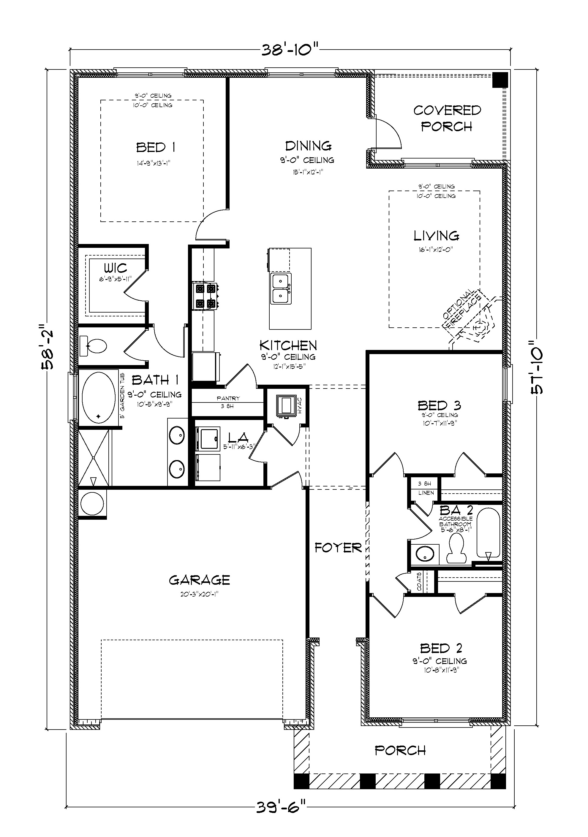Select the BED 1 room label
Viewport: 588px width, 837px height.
[x=156, y=148]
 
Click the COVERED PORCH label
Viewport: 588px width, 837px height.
[x=447, y=118]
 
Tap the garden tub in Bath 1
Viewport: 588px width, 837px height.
[x=99, y=397]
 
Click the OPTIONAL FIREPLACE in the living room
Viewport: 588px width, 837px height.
[x=470, y=317]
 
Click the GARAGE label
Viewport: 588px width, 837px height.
[x=200, y=580]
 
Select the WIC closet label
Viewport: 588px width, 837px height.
[x=115, y=268]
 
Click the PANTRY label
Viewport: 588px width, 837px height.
[x=228, y=398]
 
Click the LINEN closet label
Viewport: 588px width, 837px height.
[x=426, y=493]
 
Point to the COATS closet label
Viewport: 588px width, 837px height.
[x=420, y=582]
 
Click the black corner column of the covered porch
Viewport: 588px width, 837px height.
[x=500, y=80]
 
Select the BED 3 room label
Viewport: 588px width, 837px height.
[x=439, y=405]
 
